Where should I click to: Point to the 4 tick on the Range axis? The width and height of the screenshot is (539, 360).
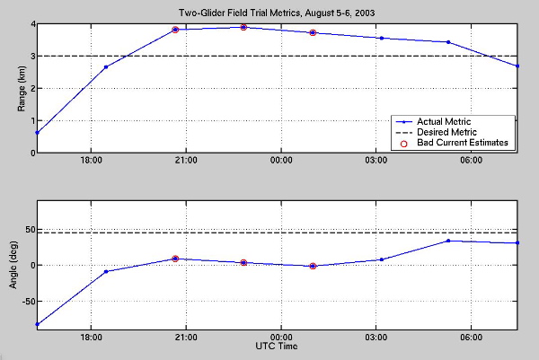[31, 24]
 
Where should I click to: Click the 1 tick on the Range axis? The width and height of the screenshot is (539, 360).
[31, 120]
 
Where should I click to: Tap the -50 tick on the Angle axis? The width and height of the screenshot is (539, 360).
[24, 302]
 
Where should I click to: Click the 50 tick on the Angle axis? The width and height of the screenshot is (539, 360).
[26, 229]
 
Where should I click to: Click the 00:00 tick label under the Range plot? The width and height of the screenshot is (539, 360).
[280, 162]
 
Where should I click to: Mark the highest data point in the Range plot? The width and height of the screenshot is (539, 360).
[243, 27]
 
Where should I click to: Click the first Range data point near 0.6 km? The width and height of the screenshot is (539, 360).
[37, 133]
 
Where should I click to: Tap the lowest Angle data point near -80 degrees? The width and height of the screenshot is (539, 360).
[37, 324]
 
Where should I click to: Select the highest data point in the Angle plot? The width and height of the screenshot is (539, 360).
[448, 241]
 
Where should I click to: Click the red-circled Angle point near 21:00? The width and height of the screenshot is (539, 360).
[175, 259]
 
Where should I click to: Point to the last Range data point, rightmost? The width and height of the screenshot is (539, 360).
[517, 66]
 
